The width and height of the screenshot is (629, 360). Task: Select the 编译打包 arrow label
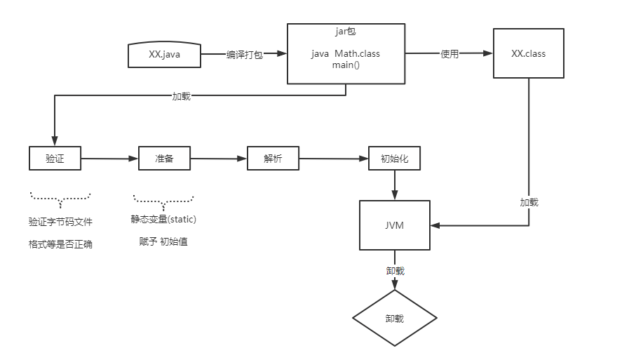(x=244, y=55)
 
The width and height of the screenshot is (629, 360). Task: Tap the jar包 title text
(x=346, y=32)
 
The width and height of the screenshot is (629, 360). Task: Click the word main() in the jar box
(x=346, y=65)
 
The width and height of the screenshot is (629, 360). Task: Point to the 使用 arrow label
(x=449, y=54)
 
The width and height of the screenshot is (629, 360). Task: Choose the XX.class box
(x=529, y=53)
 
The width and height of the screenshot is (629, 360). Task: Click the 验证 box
(x=55, y=159)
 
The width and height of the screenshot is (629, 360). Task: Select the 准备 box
(x=164, y=159)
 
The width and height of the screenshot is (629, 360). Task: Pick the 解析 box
(x=273, y=159)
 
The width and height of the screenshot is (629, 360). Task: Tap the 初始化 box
(x=394, y=159)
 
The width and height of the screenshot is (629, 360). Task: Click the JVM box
(x=394, y=225)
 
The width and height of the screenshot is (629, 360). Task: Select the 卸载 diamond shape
(x=394, y=318)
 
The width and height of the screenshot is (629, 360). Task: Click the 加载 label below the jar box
(x=181, y=96)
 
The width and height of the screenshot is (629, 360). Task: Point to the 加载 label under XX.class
(x=529, y=202)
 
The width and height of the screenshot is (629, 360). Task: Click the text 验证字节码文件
(x=60, y=222)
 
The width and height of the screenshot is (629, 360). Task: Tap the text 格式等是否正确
(x=60, y=244)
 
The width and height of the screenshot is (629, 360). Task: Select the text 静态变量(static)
(x=163, y=220)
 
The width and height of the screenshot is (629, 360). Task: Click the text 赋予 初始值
(x=163, y=241)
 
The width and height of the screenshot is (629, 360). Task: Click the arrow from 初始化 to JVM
(x=394, y=185)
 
